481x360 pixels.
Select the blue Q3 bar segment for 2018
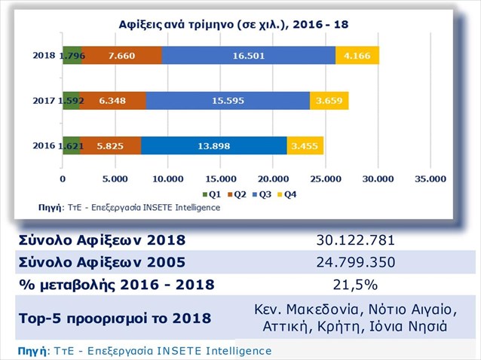pos(249,55)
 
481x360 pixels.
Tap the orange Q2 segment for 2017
pos(113,99)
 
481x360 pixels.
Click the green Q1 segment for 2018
pos(72,55)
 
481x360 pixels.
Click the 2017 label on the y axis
pos(46,99)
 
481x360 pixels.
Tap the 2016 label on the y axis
pos(46,145)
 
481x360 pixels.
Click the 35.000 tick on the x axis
pos(430,179)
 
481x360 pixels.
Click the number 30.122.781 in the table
pos(356,241)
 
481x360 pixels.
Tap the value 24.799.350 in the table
pos(356,263)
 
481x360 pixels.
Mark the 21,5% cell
pos(356,285)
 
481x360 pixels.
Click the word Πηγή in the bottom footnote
pos(30,351)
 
